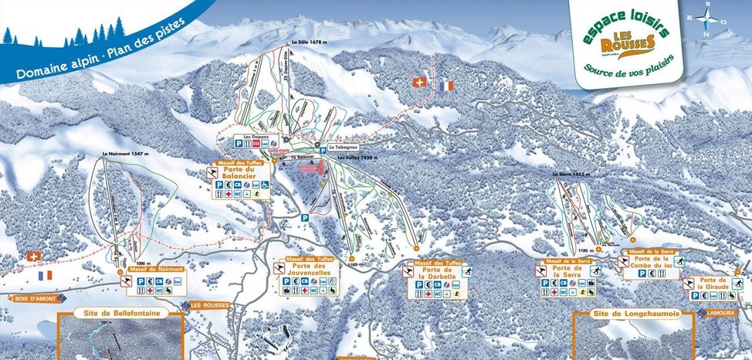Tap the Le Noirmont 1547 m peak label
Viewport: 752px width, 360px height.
[x=124, y=155]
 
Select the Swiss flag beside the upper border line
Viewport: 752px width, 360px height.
[x=420, y=81]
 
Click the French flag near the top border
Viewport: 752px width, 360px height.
[x=445, y=86]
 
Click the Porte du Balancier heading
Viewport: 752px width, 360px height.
[x=242, y=175]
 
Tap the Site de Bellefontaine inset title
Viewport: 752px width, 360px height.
[x=120, y=314]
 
